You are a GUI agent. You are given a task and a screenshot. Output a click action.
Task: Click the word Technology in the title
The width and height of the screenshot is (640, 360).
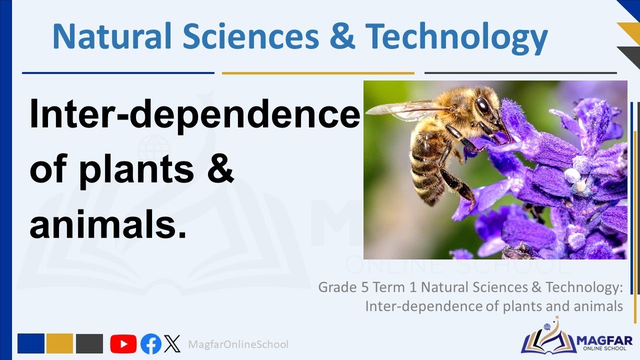coord(456,37)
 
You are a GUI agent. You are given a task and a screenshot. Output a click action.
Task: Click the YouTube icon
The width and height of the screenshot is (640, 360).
coord(123,344)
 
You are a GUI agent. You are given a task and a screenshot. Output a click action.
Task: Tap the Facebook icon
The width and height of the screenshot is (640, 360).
coord(150,344)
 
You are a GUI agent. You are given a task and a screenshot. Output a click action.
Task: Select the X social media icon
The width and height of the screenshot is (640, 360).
coord(172,344)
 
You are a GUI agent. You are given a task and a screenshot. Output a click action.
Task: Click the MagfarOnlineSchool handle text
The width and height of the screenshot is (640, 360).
coord(238,344)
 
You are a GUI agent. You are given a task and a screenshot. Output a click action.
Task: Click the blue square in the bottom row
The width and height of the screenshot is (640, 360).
coord(31,343)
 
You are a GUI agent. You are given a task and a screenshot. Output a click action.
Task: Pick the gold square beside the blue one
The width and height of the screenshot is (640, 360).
coord(59,343)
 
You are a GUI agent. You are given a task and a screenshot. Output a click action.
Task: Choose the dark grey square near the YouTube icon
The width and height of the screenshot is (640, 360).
coord(89,343)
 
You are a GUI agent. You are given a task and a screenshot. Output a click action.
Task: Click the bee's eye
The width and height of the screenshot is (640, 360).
coord(483,105)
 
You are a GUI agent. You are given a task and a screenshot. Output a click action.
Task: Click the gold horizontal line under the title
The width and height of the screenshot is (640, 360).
coord(318,73)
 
